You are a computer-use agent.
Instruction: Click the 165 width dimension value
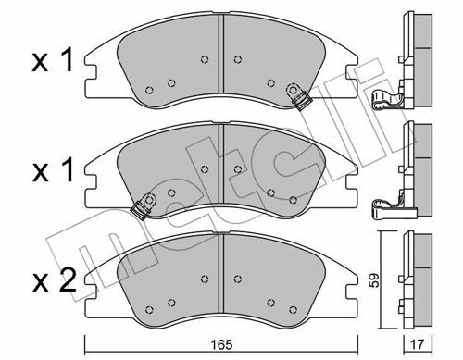tap(222, 344)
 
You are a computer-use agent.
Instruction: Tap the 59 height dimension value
tap(374, 280)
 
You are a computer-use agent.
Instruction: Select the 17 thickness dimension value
tap(419, 344)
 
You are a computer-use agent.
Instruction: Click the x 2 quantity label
tap(54, 280)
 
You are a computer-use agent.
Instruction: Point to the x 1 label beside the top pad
tap(53, 60)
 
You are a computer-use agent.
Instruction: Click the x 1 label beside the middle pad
tap(53, 170)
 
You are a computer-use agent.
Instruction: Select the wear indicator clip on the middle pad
tap(144, 206)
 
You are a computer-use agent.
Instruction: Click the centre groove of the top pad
tap(221, 54)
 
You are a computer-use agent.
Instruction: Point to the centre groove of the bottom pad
tap(221, 273)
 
